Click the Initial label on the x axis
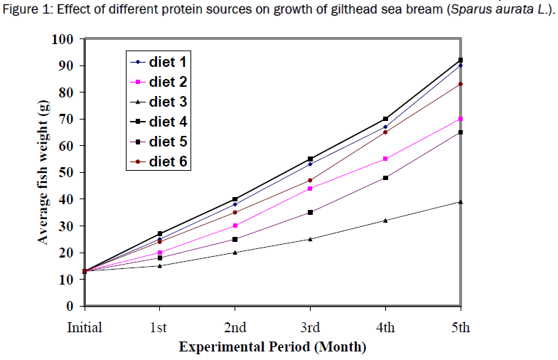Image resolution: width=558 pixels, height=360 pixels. pyautogui.click(x=85, y=328)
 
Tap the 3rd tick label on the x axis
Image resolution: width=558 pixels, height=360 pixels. pyautogui.click(x=310, y=328)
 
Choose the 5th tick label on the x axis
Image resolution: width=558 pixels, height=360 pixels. pyautogui.click(x=460, y=328)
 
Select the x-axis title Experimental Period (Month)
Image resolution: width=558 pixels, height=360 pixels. pyautogui.click(x=273, y=347)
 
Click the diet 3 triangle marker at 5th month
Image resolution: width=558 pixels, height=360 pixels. pyautogui.click(x=461, y=202)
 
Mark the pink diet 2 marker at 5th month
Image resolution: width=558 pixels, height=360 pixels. pyautogui.click(x=461, y=119)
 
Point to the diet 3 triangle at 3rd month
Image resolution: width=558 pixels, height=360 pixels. pyautogui.click(x=310, y=239)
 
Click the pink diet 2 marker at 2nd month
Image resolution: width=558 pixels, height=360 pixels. pyautogui.click(x=235, y=226)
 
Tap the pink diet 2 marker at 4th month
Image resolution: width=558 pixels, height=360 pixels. pyautogui.click(x=385, y=159)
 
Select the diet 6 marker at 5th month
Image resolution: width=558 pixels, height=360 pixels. pyautogui.click(x=461, y=84)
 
